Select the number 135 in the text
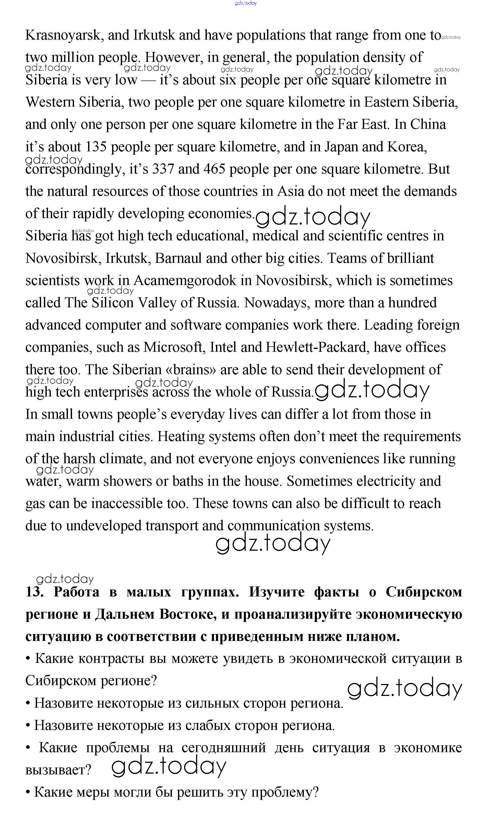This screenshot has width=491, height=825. [x=96, y=147]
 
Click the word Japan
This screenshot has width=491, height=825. [x=341, y=147]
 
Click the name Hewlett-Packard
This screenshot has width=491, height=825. [x=318, y=347]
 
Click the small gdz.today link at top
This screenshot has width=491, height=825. [x=246, y=3]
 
